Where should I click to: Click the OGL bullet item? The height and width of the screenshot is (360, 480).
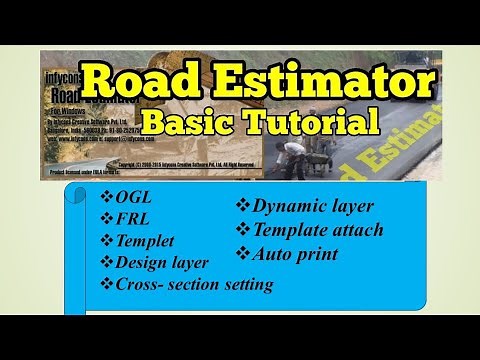pos(136,197)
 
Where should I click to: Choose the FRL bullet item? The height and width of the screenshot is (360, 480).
pos(135,219)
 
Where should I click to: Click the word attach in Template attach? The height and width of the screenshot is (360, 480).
pos(355,230)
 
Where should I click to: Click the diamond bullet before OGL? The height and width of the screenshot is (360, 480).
pos(107,197)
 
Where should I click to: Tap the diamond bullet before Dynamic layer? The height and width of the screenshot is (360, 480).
pos(241,207)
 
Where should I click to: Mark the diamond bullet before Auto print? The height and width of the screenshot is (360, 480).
pos(241,253)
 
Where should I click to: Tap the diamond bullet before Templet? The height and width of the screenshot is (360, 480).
pos(107,241)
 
